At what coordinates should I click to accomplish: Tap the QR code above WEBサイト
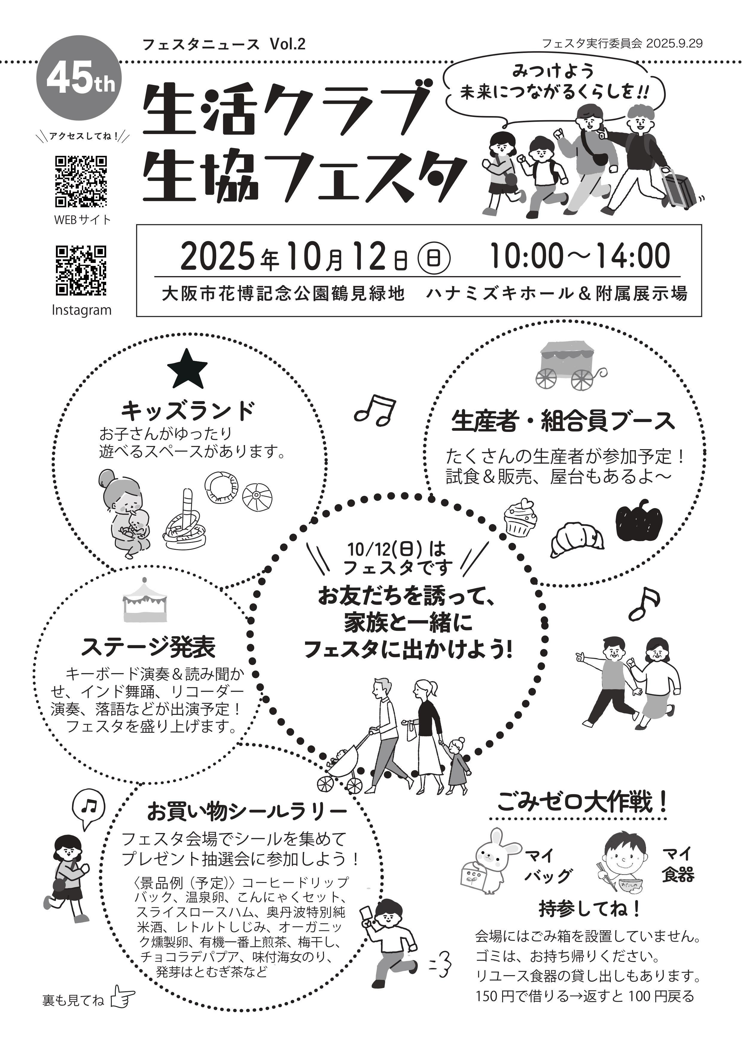click(x=81, y=181)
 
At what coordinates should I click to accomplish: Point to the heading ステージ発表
click(x=149, y=646)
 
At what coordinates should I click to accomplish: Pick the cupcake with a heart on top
click(x=520, y=516)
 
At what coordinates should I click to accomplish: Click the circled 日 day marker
click(x=434, y=259)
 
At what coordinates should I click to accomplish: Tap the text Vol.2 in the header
click(x=287, y=44)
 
